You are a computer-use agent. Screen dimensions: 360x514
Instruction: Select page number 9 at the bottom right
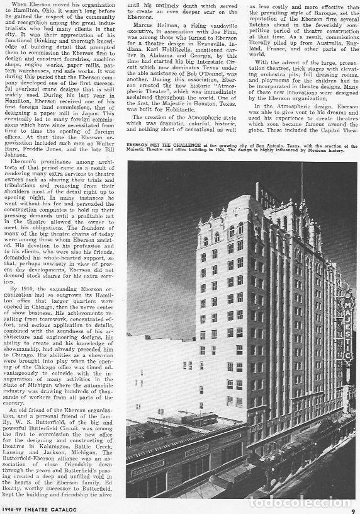[x=353, y=502]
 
